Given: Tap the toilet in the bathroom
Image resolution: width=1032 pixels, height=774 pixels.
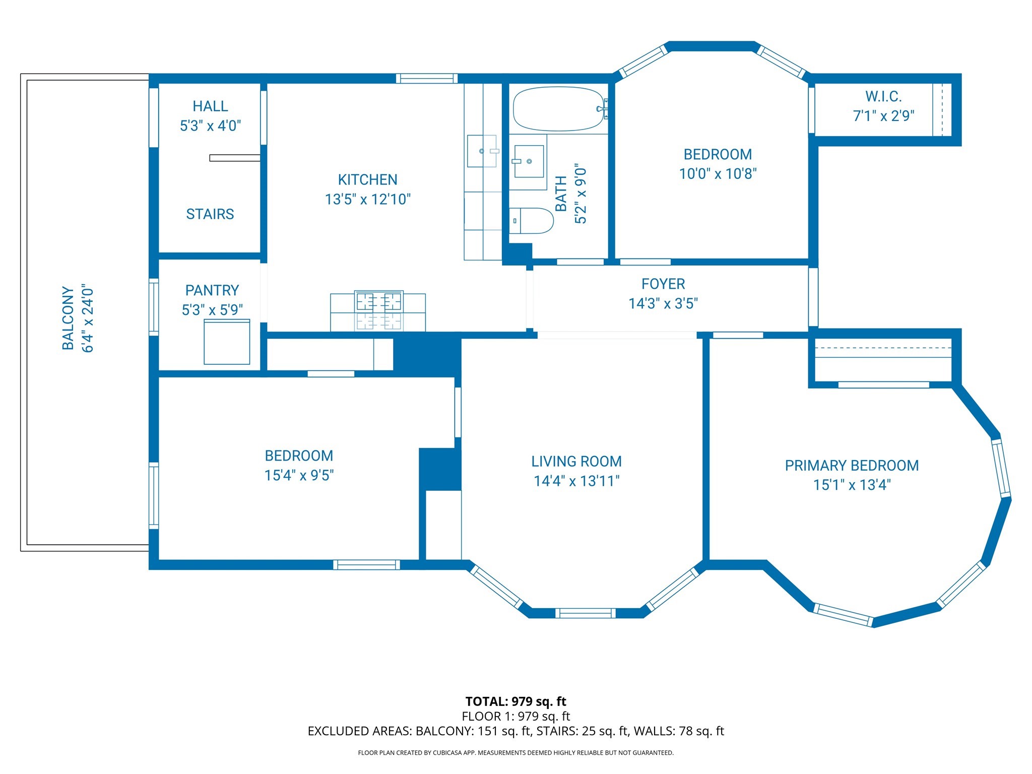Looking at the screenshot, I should coord(532,221).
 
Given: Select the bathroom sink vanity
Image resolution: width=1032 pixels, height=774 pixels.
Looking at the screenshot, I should coord(528,161).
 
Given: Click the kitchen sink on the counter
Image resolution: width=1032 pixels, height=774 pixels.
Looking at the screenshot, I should coord(482,151).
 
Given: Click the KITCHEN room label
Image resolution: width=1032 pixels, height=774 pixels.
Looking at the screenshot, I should coord(367,180).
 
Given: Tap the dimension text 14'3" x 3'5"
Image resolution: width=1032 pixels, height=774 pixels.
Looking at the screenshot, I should coord(663,303).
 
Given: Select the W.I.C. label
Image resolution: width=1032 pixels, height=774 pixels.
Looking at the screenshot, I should coord(883,96).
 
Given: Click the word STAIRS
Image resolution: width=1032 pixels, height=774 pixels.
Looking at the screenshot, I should coord(210,214).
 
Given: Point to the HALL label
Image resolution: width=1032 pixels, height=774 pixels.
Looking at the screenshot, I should coord(210,106).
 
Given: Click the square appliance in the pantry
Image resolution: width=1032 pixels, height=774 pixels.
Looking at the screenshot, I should coord(227,342).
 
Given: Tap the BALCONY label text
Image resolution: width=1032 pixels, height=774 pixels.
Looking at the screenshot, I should coord(68,318).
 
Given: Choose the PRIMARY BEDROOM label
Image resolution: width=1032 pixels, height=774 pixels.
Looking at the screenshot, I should coord(852,466).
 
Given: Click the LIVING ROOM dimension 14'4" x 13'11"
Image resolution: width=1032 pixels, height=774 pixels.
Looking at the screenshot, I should coord(576,481).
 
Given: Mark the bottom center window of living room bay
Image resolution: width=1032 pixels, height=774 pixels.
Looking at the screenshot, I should coord(585,613).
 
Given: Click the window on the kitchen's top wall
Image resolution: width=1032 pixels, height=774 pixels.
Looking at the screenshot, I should coord(426,78).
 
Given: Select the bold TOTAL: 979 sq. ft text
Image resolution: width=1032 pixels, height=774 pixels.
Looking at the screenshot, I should coord(515,701).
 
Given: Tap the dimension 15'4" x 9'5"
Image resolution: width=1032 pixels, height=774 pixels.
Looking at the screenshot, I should coord(299,475).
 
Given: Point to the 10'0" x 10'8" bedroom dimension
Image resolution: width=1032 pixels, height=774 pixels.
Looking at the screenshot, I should coord(718,174).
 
